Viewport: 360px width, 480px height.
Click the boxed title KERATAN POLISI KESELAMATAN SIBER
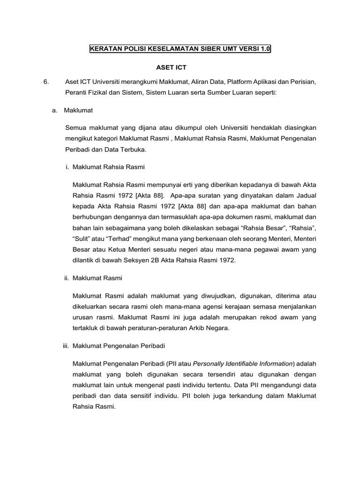click(x=180, y=49)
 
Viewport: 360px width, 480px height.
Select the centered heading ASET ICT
click(x=180, y=68)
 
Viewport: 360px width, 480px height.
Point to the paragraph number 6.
click(x=45, y=82)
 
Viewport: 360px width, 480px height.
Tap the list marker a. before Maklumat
click(x=55, y=110)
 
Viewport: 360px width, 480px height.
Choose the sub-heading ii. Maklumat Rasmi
click(x=93, y=278)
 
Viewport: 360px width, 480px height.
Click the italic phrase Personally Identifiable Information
click(x=243, y=363)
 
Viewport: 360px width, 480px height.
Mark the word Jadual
click(x=306, y=194)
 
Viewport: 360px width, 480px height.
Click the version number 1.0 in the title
click(x=265, y=49)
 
